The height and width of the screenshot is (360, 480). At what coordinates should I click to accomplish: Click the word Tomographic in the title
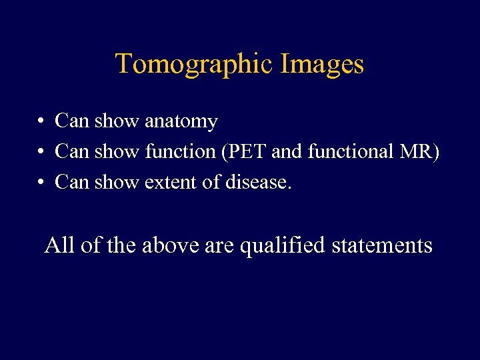pyautogui.click(x=194, y=65)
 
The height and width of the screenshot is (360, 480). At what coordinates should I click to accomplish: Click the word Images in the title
pyautogui.click(x=322, y=65)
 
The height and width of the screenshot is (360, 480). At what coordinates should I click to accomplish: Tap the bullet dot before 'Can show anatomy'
pyautogui.click(x=41, y=121)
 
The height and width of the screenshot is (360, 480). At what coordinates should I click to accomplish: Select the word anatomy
pyautogui.click(x=181, y=122)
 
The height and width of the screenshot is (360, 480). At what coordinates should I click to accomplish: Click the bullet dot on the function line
pyautogui.click(x=41, y=152)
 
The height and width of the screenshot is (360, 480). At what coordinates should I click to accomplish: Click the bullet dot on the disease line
pyautogui.click(x=41, y=182)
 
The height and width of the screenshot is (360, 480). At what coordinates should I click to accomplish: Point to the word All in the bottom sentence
pyautogui.click(x=59, y=245)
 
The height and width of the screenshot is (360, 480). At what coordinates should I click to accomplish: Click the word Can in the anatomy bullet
pyautogui.click(x=72, y=121)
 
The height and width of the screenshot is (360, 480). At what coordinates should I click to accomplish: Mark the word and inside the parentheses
pyautogui.click(x=287, y=152)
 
